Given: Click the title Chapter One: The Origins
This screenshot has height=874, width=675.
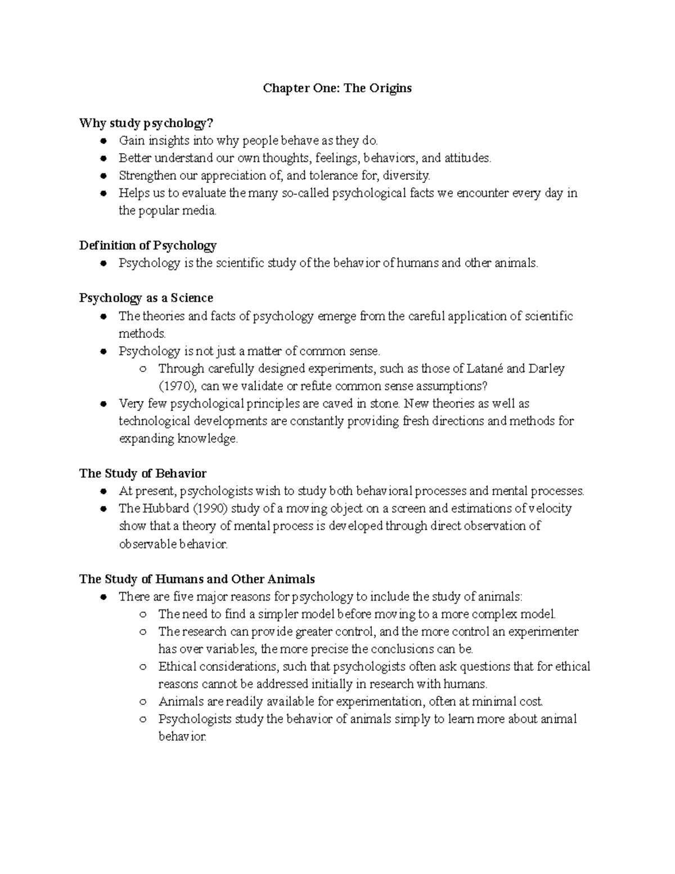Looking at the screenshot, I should pyautogui.click(x=337, y=88).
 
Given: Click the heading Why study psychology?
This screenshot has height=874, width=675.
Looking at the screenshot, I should pyautogui.click(x=147, y=123).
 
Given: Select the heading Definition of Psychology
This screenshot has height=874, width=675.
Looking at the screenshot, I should pyautogui.click(x=148, y=245).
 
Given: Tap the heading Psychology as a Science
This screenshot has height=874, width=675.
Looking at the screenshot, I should pyautogui.click(x=146, y=298).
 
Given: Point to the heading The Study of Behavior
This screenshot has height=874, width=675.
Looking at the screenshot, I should pyautogui.click(x=143, y=473).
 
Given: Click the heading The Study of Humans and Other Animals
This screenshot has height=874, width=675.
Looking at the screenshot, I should pyautogui.click(x=197, y=579).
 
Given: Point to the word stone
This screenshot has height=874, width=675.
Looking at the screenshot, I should pyautogui.click(x=384, y=404).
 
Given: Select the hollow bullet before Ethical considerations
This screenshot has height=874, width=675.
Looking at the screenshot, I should pyautogui.click(x=143, y=667).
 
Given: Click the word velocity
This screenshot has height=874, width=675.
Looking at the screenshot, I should pyautogui.click(x=550, y=509).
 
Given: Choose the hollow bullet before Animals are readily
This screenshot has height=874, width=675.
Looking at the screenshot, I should pyautogui.click(x=143, y=702).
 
